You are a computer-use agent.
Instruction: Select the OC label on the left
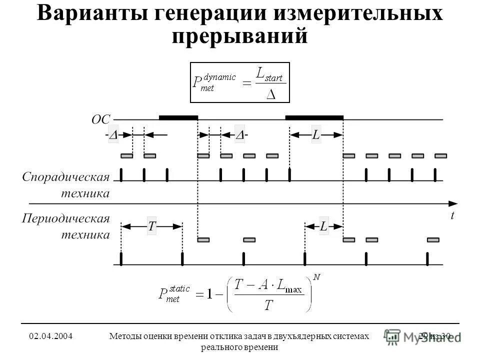pyautogui.click(x=100, y=119)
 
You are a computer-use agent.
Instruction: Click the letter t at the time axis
pyautogui.click(x=452, y=215)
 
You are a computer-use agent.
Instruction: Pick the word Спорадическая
pyautogui.click(x=65, y=177)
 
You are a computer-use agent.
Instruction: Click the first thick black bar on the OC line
pyautogui.click(x=178, y=117)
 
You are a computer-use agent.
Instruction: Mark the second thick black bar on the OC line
pyautogui.click(x=314, y=117)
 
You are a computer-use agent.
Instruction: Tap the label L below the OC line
pyautogui.click(x=316, y=135)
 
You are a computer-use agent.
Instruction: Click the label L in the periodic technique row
pyautogui.click(x=323, y=226)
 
